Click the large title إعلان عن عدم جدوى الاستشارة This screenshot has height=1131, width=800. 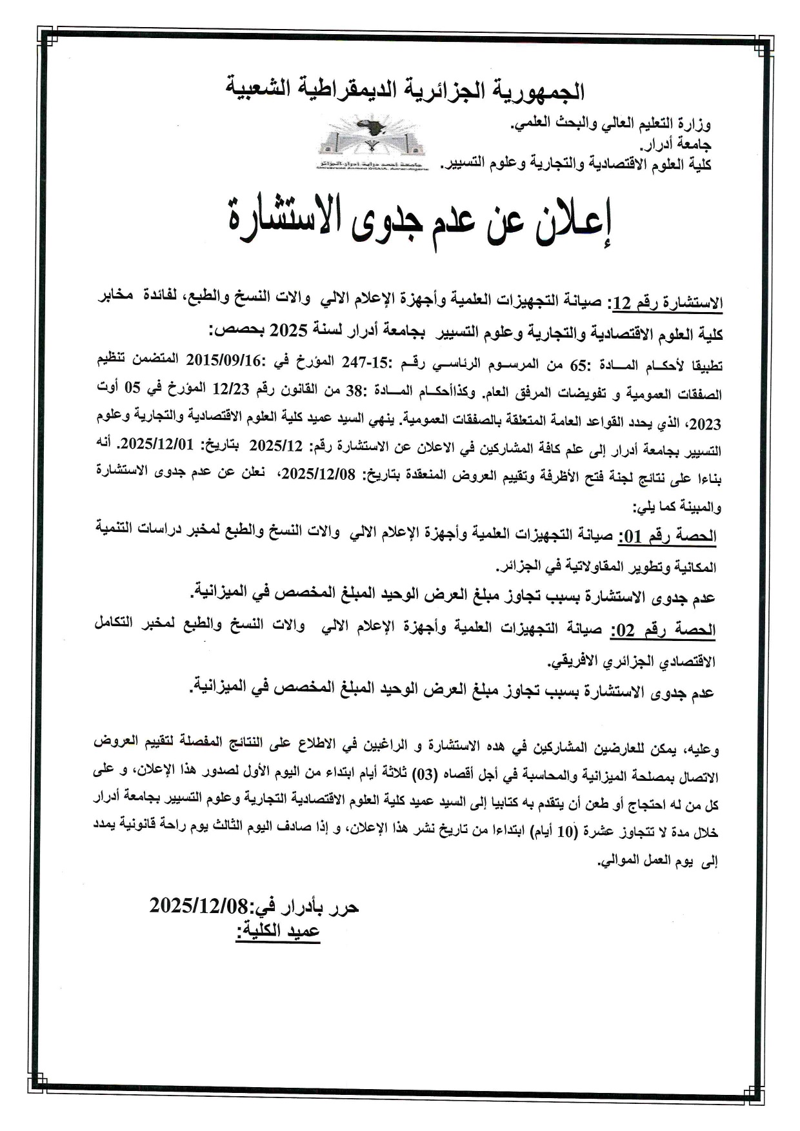click(419, 222)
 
